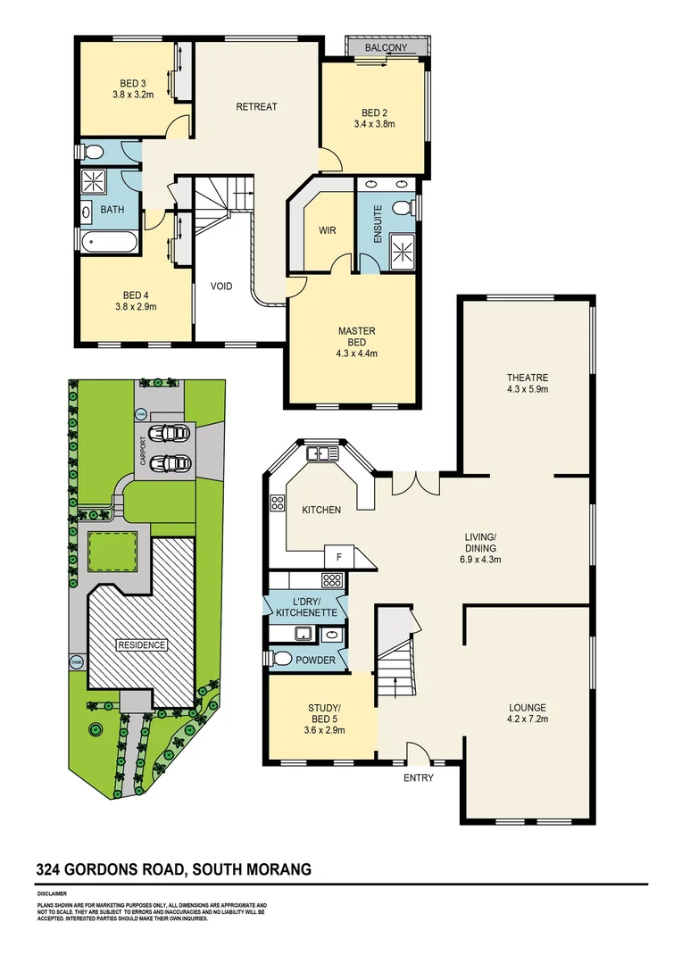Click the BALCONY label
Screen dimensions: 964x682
click(386, 47)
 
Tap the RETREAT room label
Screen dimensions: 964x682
click(256, 107)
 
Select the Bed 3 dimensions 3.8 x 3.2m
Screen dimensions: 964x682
click(135, 94)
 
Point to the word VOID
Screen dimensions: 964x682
click(221, 287)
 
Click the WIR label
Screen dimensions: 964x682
click(327, 230)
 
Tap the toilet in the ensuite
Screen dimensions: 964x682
click(404, 207)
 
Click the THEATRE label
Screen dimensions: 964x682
click(527, 378)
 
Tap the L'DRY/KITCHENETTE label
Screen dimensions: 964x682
click(306, 607)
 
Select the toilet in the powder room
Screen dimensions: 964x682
click(280, 659)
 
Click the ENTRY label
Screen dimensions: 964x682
click(419, 777)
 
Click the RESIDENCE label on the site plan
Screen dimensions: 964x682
click(142, 644)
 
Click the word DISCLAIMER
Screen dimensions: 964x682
click(52, 893)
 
